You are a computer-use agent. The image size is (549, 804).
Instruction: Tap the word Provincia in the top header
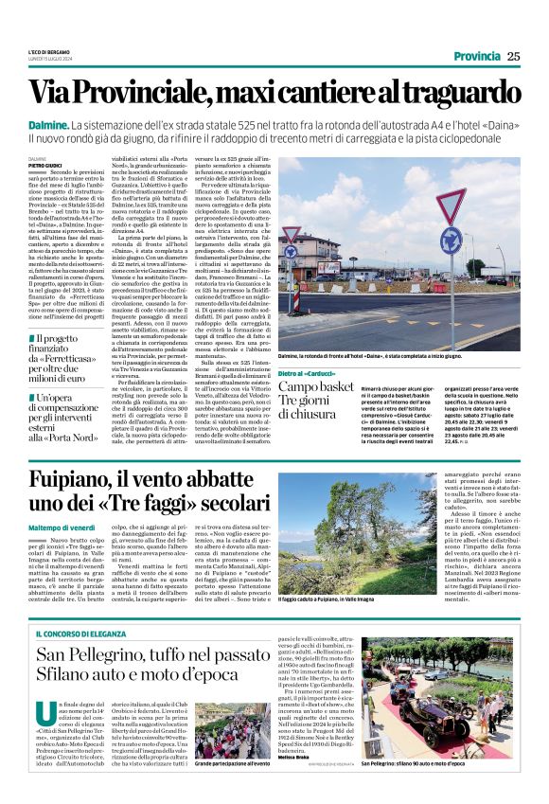click(477, 56)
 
